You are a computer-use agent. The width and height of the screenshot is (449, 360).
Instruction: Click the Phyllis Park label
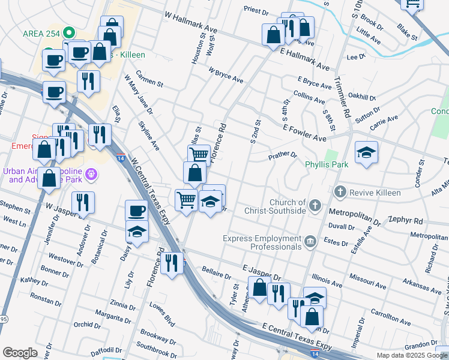coord(327,164)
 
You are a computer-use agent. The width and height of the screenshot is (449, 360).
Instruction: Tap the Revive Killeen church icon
coord(340,192)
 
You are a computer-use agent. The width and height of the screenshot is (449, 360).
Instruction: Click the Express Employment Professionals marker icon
coord(310,242)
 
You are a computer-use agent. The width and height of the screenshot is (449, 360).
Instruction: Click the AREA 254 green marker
coord(70,32)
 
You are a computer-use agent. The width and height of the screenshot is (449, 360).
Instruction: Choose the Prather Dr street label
coord(282,155)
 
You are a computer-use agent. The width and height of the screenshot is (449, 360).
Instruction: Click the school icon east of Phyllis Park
coord(366,152)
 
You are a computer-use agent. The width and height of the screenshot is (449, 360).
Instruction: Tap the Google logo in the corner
coord(20,353)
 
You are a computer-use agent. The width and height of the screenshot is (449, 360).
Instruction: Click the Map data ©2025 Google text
coord(411,355)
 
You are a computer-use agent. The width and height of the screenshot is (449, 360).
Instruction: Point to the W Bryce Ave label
coord(226,75)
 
